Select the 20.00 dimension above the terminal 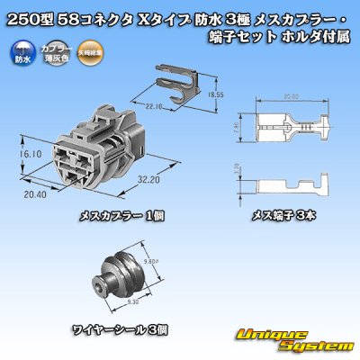pos(285,96)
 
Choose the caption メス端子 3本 pos(283,214)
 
